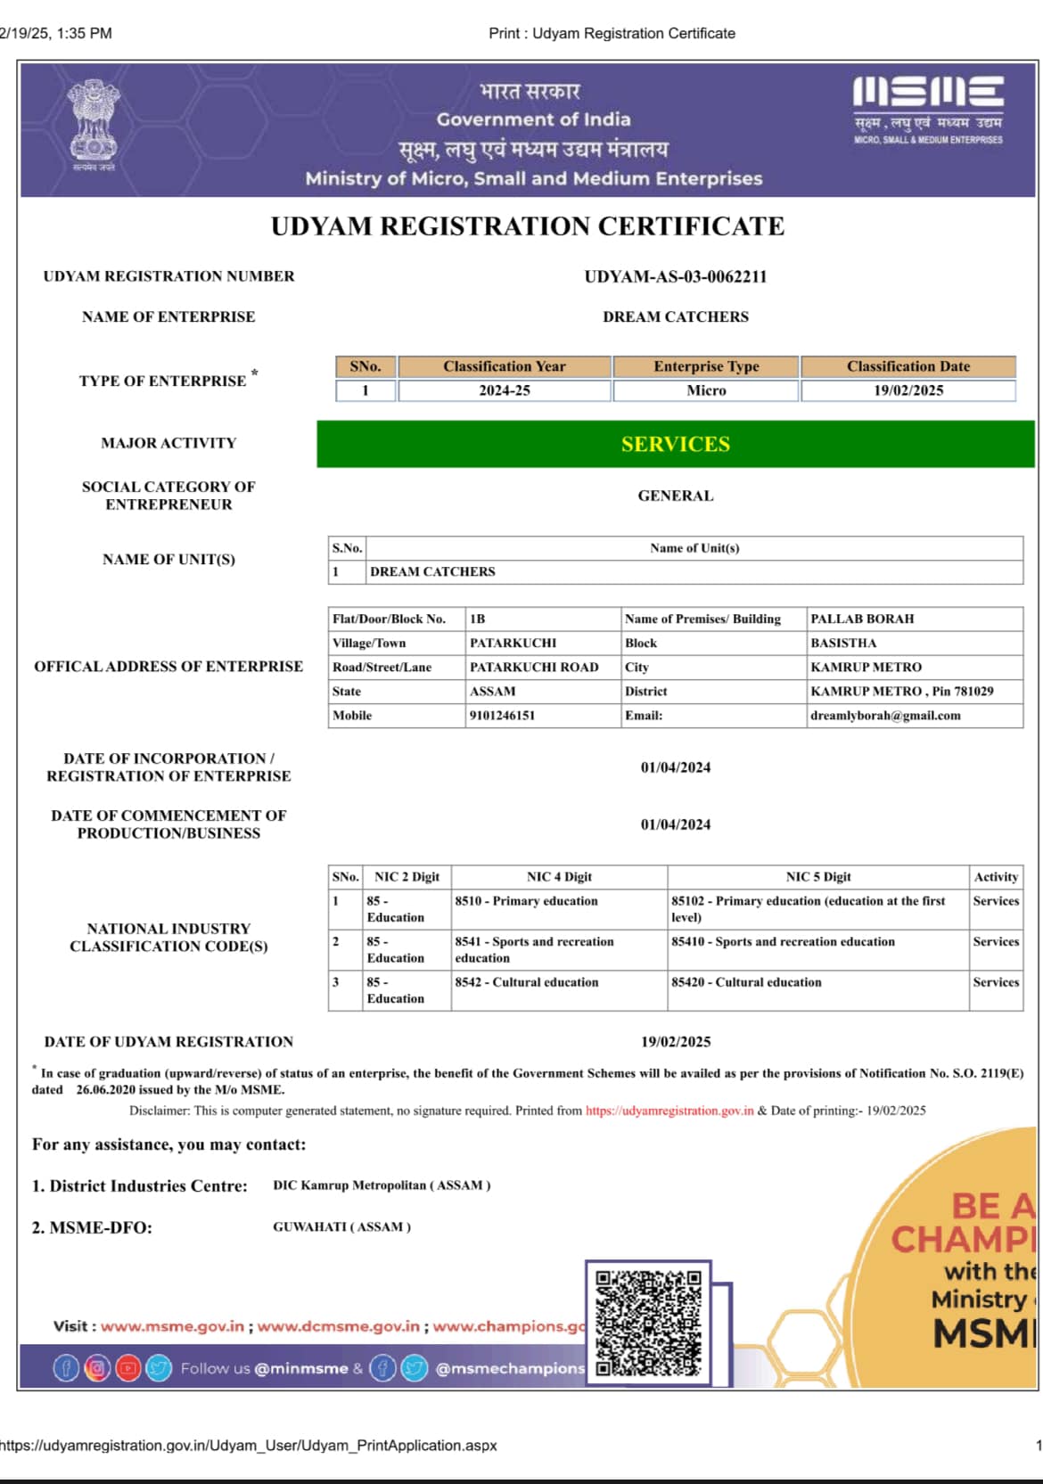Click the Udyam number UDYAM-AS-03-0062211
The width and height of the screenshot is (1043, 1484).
click(x=675, y=276)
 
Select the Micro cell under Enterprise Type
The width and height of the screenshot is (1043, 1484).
click(x=706, y=390)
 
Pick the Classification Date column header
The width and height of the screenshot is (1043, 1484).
click(x=907, y=366)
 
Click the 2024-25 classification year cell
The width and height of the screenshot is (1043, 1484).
click(x=504, y=390)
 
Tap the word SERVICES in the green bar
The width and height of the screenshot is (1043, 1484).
click(x=675, y=444)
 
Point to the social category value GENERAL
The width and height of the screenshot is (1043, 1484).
click(x=675, y=496)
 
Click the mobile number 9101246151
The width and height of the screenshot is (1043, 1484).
click(x=502, y=715)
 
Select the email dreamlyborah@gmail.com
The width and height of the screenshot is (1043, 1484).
click(x=885, y=715)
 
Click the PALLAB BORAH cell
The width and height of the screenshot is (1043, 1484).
click(x=862, y=619)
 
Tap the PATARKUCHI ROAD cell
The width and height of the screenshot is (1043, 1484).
click(x=534, y=667)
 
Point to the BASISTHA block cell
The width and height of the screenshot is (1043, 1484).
click(x=843, y=643)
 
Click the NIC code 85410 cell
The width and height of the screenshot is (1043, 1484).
click(x=783, y=941)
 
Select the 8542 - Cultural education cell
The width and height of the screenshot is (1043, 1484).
click(x=527, y=982)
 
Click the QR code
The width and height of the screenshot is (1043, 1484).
click(x=648, y=1323)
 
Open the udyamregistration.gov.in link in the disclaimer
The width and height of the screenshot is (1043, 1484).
click(x=669, y=1111)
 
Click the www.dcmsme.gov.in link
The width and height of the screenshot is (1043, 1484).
click(x=338, y=1326)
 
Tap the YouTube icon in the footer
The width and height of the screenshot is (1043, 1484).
click(x=128, y=1368)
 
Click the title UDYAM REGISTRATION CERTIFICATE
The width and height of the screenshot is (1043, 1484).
click(x=528, y=226)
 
